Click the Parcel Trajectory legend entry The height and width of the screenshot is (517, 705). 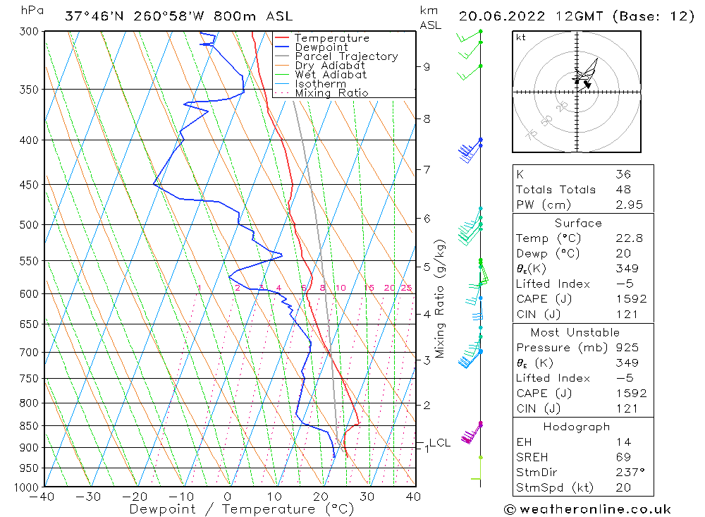pyautogui.click(x=346, y=56)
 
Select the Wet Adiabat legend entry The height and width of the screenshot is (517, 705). pyautogui.click(x=331, y=75)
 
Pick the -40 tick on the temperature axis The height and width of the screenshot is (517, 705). pyautogui.click(x=44, y=497)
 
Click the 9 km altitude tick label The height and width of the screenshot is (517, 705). pyautogui.click(x=427, y=67)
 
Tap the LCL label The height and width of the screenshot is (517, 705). pyautogui.click(x=439, y=443)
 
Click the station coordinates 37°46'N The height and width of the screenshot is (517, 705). pyautogui.click(x=91, y=16)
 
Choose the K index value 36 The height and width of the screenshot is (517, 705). pyautogui.click(x=623, y=174)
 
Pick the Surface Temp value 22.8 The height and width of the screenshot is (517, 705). pyautogui.click(x=628, y=238)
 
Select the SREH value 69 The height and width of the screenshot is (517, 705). pyautogui.click(x=623, y=458)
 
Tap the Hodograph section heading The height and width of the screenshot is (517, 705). pyautogui.click(x=577, y=427)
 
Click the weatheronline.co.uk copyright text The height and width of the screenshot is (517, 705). pyautogui.click(x=587, y=509)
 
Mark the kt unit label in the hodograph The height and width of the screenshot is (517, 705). pyautogui.click(x=520, y=37)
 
